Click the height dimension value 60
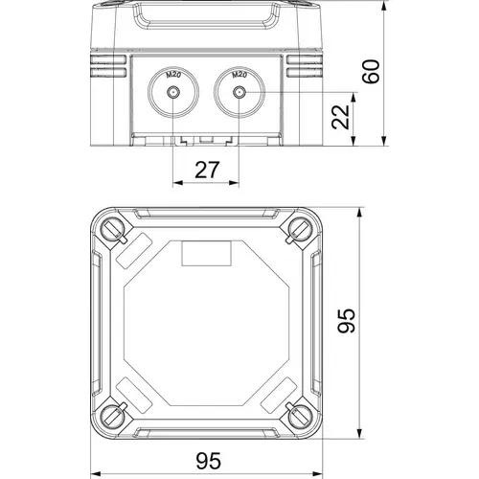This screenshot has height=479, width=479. pos(373,72)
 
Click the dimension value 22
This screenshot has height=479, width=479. pos(340,117)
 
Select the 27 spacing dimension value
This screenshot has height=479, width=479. pos(207,170)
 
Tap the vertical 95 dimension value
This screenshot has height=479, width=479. pos(347,321)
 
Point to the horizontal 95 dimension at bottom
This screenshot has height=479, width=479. pos(208,461)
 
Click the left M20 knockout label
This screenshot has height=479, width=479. pos(173,76)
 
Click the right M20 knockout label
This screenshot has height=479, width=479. pos(239,75)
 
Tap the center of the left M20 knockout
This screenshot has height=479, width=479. pos(173,93)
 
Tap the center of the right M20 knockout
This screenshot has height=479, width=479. pos(239,93)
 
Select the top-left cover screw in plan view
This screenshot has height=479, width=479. pos(113,229)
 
